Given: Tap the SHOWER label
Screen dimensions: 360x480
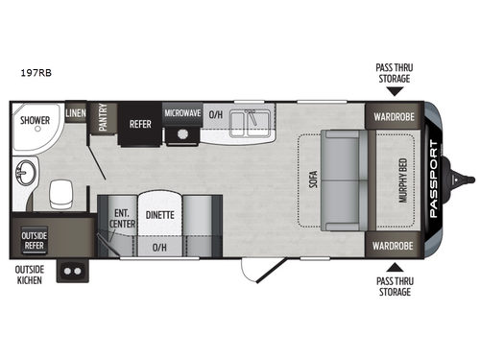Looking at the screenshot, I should (36, 122).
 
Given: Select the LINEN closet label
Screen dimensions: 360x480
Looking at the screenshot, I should (76, 113).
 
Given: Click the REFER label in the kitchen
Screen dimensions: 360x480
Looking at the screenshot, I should (141, 123).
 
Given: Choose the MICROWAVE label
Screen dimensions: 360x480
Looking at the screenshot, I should (180, 113).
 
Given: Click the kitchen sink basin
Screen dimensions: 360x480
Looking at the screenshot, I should (255, 121).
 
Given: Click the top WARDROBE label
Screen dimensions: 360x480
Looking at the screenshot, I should (394, 120).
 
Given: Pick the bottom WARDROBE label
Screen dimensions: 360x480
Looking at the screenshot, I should (394, 246).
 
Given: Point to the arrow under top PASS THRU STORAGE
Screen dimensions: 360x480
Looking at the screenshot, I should (396, 89).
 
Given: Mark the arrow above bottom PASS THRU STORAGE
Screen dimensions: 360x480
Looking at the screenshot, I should (396, 270).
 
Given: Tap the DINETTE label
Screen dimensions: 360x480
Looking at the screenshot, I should (160, 215).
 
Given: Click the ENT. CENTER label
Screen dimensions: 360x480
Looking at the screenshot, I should (122, 218).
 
